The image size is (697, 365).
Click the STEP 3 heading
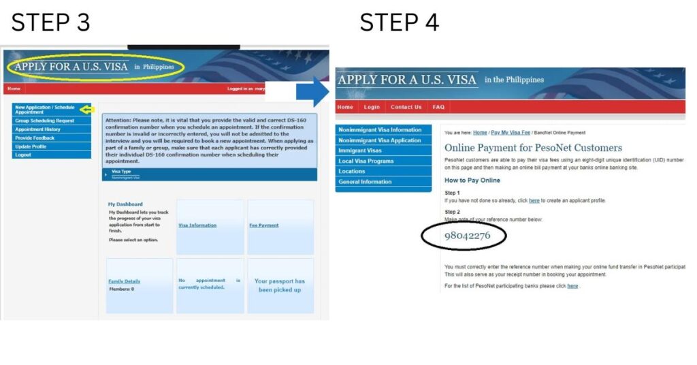click(x=50, y=22)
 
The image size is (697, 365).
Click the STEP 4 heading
click(x=399, y=22)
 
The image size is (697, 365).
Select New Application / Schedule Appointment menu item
click(x=45, y=110)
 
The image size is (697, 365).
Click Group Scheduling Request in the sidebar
click(x=44, y=121)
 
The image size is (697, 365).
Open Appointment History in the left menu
click(x=37, y=129)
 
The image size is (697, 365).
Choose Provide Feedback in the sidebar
click(x=35, y=138)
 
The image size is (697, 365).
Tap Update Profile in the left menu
click(x=31, y=146)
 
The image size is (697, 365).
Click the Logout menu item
click(x=23, y=155)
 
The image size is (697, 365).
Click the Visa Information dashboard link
click(x=197, y=225)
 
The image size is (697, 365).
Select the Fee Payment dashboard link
click(x=264, y=225)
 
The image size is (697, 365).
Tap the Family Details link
click(x=124, y=281)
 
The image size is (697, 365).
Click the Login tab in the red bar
click(x=372, y=107)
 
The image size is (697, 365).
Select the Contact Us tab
click(x=406, y=107)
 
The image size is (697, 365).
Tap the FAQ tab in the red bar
click(x=438, y=107)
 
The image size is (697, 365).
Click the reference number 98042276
click(x=467, y=236)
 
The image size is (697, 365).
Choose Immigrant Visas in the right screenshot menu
click(x=360, y=150)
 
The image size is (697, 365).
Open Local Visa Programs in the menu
click(x=366, y=161)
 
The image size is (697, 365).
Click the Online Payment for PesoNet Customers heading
click(x=523, y=148)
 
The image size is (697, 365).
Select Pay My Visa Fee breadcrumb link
click(x=510, y=132)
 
